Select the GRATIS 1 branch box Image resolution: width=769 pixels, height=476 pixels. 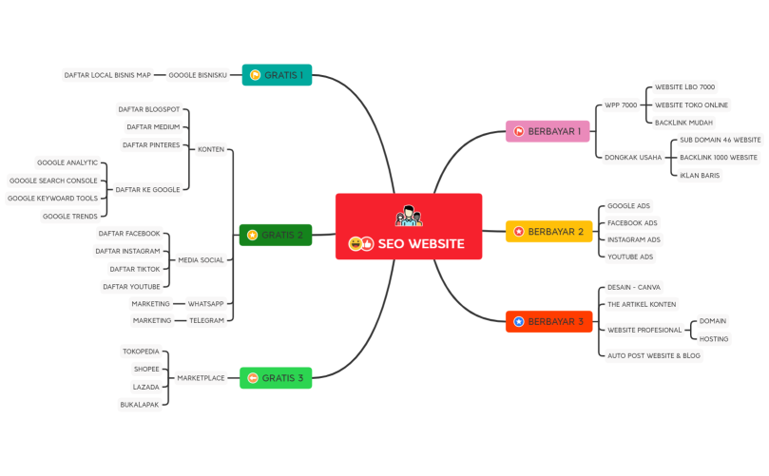click(x=277, y=75)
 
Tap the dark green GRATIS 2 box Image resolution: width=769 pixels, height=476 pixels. click(x=276, y=235)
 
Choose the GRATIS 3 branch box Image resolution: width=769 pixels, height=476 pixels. click(x=276, y=378)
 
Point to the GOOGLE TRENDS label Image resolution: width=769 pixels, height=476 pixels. click(x=70, y=216)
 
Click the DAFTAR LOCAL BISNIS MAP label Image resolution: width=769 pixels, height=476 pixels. click(x=107, y=75)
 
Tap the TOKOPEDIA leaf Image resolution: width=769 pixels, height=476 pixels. click(x=141, y=352)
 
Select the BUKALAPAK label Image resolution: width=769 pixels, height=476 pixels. click(x=140, y=404)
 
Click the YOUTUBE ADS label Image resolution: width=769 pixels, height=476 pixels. click(x=630, y=257)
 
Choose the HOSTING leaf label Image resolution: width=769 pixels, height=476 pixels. click(x=714, y=338)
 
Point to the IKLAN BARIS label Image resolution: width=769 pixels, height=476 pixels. click(x=700, y=175)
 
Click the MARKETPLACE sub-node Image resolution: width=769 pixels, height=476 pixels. click(x=202, y=378)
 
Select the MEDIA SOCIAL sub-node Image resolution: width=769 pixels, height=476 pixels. click(x=202, y=259)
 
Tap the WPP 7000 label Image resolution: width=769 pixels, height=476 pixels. click(x=621, y=105)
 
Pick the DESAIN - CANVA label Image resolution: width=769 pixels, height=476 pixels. click(x=634, y=287)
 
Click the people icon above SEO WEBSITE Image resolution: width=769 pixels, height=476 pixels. click(x=408, y=217)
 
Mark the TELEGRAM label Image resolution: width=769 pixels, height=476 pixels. click(x=206, y=320)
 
